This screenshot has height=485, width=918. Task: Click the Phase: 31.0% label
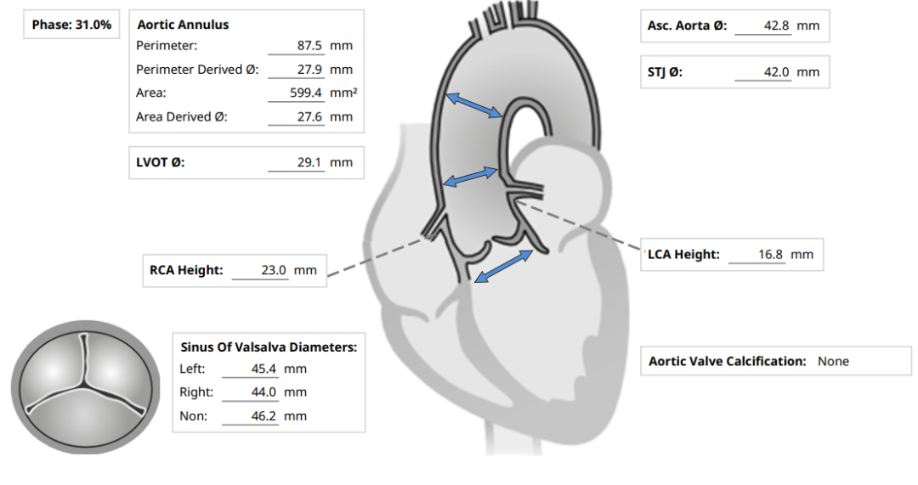tap(71, 25)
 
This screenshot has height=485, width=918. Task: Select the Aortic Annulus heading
tap(183, 25)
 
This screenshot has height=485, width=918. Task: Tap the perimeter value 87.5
tap(309, 46)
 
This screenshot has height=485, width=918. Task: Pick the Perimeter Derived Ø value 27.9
tap(309, 69)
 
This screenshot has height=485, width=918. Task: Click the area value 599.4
tap(306, 93)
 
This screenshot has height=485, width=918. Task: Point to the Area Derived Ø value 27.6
tap(309, 116)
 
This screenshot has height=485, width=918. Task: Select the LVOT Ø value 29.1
tap(309, 162)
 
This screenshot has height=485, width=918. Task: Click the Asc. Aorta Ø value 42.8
tap(776, 25)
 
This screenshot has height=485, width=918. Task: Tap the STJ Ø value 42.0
tap(776, 72)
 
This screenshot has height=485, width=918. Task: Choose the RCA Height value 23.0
tap(274, 270)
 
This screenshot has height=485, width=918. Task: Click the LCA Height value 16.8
tap(770, 255)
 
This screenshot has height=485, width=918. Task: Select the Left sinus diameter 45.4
tap(263, 369)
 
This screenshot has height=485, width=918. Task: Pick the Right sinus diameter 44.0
tap(263, 392)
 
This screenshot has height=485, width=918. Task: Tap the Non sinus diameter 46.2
tap(263, 416)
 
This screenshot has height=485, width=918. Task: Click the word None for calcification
tap(833, 362)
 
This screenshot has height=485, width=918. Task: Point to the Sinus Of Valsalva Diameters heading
tap(269, 347)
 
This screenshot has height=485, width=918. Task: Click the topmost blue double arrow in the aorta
tap(473, 105)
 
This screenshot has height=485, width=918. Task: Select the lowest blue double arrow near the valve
tap(503, 267)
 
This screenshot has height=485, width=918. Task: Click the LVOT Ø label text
tap(161, 162)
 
